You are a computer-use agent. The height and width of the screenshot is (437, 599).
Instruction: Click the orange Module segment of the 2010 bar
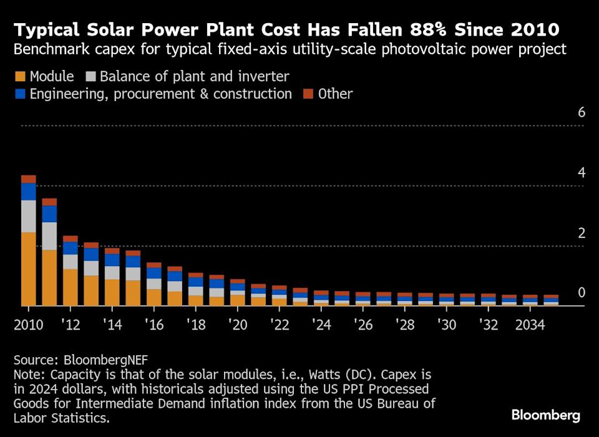pos(28,268)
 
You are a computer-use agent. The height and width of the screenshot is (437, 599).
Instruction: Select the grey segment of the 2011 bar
pos(49,236)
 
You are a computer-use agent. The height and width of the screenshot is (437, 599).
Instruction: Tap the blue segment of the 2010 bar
pos(28,192)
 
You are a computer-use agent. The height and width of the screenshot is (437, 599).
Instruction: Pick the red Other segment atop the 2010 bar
pos(28,179)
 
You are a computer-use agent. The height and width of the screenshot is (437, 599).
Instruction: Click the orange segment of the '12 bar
pos(71,287)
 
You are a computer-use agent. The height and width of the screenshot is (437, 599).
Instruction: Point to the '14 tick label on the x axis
pos(112,325)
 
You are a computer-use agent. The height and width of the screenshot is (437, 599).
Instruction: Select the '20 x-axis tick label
pos(238,325)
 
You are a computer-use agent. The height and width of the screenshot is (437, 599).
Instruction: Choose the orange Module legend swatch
pos(20,77)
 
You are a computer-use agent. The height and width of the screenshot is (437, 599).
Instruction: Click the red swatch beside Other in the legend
pos(308,94)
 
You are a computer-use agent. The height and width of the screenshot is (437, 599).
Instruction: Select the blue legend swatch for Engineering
pos(20,94)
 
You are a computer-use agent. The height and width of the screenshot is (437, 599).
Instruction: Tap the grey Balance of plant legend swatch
pos(90,77)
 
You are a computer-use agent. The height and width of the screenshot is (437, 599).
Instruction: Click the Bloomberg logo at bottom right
pos(546,415)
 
